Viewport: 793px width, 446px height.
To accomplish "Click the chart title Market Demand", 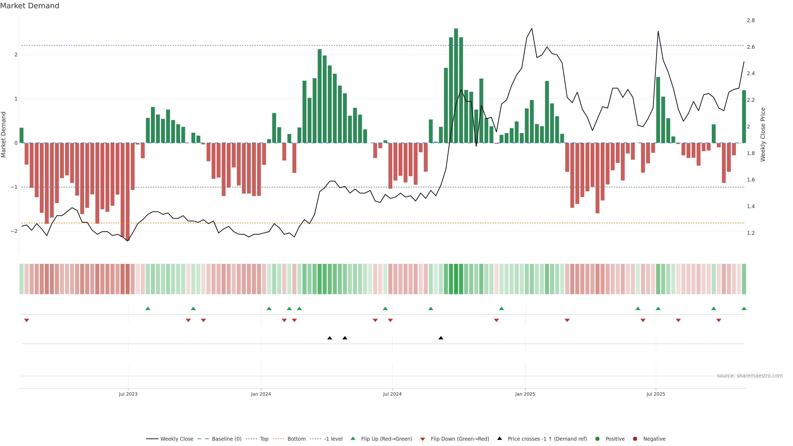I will pos(30,6).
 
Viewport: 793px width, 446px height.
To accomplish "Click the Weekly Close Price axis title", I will pos(762,134).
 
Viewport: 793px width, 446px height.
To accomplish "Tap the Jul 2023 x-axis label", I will pos(128,394).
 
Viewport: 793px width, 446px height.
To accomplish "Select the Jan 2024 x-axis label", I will pos(261,394).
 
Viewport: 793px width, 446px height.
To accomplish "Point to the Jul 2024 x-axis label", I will pos(392,394).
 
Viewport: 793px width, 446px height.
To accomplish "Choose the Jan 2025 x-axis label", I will pos(525,394).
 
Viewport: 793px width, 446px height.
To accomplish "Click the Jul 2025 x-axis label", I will pos(656,394).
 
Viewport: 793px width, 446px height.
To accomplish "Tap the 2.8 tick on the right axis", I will pos(750,20).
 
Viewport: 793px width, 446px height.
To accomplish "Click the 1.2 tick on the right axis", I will pos(750,233).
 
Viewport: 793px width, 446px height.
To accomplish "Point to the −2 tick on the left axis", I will pos(14,231).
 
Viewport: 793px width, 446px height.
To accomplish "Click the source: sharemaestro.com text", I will pos(750,376).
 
